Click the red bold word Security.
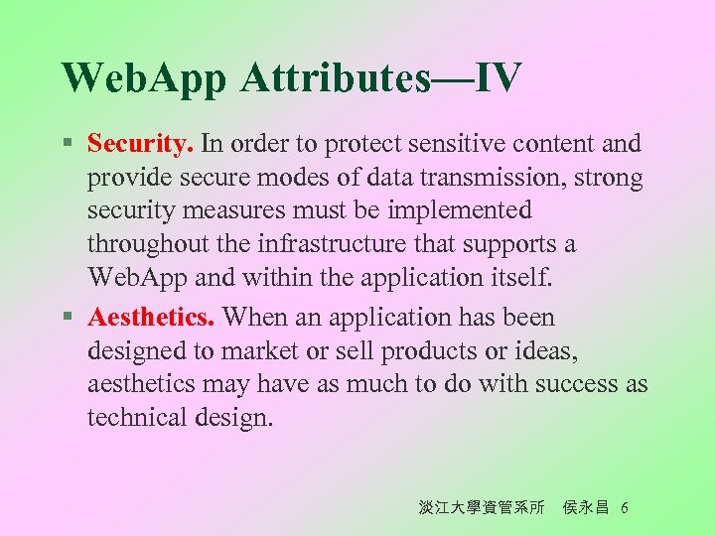(140, 144)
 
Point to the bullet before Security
(66, 145)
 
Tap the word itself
(521, 277)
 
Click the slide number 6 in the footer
(624, 508)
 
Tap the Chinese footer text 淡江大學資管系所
(482, 508)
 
